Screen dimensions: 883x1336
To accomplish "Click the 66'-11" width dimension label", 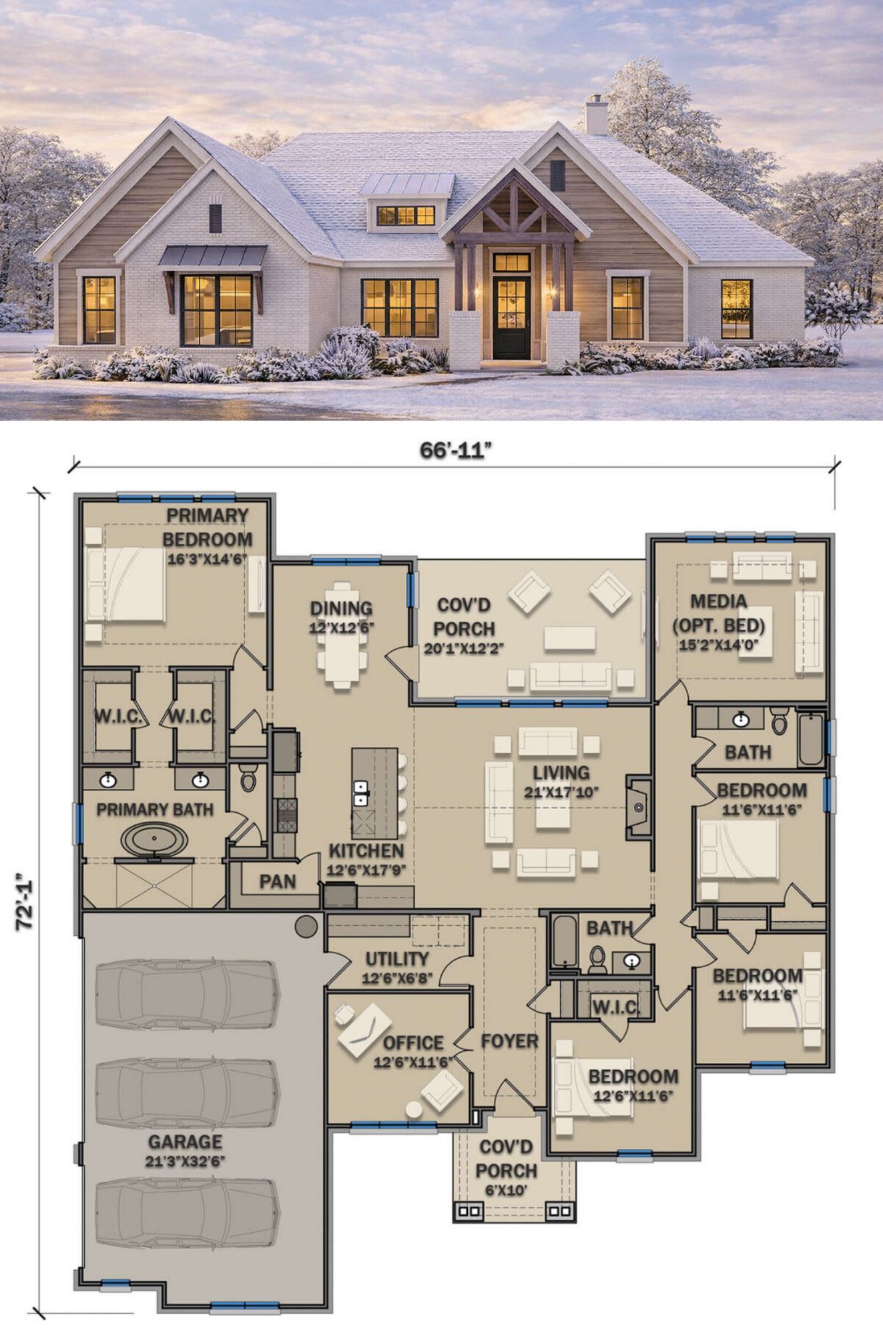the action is point(456,451).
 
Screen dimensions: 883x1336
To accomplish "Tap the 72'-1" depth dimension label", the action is point(25,902).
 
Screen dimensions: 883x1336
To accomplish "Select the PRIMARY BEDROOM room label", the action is point(208,527).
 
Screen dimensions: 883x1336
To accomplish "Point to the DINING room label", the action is point(341,609).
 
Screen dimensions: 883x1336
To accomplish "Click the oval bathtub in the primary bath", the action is point(154,839).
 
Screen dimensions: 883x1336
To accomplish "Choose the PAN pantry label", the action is point(278,882).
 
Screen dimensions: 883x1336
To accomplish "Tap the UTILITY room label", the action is point(397,959).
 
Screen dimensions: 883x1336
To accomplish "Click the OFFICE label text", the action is point(413,1043).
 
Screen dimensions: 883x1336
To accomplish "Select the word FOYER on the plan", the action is point(509,1041).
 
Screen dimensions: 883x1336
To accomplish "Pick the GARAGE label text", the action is point(185,1142).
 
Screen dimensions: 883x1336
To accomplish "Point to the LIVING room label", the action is point(561,773).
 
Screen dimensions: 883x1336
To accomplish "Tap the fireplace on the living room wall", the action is point(638,808).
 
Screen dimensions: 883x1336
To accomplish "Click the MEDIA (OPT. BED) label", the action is point(718,613).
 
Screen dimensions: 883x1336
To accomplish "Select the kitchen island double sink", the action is point(361,794).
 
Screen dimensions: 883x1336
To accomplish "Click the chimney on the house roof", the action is point(596,114).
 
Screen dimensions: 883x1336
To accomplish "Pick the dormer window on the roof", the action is point(406,215).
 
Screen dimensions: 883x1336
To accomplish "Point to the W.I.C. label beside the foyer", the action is point(616,1006).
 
